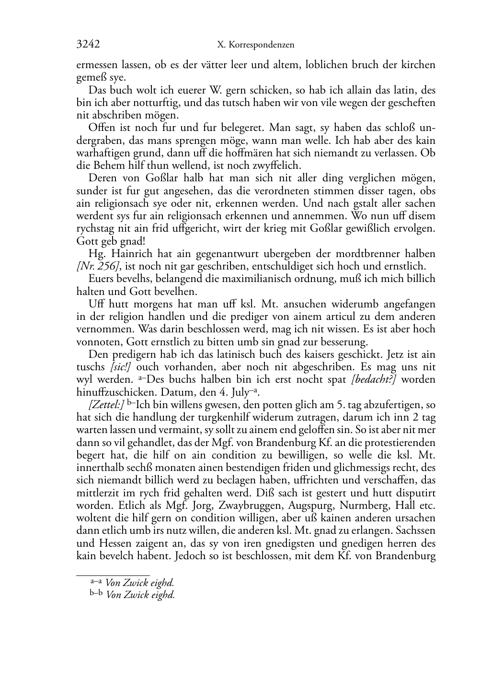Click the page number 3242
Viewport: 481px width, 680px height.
pos(88,45)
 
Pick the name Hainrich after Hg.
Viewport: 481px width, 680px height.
pos(126,254)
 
